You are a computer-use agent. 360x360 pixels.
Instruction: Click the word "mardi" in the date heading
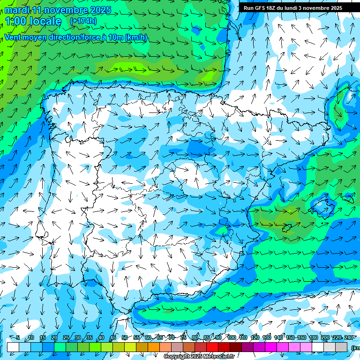[17, 10]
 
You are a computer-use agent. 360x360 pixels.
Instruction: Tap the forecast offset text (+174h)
[83, 21]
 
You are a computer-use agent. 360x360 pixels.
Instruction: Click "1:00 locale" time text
[33, 21]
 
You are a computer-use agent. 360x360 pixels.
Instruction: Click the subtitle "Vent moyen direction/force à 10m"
[75, 37]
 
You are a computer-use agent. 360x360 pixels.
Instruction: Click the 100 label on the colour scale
[231, 337]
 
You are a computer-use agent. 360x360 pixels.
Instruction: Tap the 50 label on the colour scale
[124, 337]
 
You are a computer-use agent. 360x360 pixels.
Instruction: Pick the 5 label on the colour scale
[18, 337]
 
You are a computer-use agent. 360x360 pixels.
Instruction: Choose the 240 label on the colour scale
[349, 337]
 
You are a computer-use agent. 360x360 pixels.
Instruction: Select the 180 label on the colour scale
[313, 337]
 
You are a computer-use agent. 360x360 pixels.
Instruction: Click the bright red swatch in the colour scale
[212, 347]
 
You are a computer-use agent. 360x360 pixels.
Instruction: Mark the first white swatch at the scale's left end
[13, 347]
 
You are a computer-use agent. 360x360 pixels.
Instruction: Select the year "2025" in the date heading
[100, 10]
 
